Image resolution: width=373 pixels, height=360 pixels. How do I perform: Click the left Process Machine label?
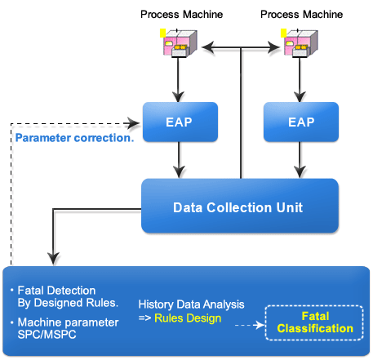181,15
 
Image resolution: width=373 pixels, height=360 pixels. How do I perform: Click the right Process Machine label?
301,15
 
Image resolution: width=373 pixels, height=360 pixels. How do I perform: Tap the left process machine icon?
179,43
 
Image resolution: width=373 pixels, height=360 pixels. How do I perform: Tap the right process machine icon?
300,43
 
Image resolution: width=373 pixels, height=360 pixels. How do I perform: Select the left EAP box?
180,122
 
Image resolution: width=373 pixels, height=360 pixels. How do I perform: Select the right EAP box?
301,122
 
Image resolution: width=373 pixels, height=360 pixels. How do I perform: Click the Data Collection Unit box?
240,206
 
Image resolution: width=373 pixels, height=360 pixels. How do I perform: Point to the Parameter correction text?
74,138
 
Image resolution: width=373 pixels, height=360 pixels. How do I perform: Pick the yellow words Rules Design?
188,318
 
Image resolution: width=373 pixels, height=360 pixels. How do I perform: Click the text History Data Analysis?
191,304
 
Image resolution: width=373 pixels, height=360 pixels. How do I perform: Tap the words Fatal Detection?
56,291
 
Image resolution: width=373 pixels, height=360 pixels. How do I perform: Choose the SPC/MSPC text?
47,335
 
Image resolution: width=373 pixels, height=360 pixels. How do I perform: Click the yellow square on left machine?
162,33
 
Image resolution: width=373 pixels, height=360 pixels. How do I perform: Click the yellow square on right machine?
283,33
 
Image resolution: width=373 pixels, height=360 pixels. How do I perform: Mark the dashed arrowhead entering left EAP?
133,123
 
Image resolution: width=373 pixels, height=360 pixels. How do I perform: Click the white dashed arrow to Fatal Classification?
250,325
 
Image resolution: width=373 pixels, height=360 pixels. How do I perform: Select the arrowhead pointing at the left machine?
208,47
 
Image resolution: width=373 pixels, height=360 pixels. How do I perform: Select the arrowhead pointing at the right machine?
273,47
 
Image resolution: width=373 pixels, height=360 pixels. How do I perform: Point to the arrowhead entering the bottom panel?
53,259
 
